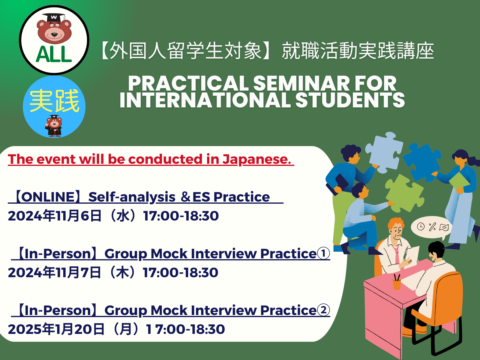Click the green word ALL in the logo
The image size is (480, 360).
tap(54, 54)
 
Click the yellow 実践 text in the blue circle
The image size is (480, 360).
tap(54, 100)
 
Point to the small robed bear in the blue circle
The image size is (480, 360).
tap(54, 126)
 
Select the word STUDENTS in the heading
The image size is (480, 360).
tap(350, 100)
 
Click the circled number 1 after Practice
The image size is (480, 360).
tap(323, 253)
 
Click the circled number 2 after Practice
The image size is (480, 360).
tap(323, 310)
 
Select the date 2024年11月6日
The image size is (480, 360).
tap(55, 216)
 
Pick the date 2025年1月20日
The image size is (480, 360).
tap(56, 329)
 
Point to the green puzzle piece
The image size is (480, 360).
tap(405, 193)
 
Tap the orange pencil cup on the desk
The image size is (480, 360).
tap(397, 284)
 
